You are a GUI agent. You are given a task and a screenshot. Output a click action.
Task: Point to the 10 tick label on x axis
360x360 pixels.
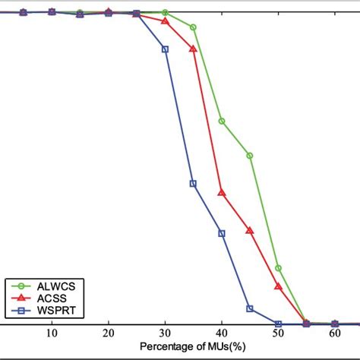click(x=52, y=333)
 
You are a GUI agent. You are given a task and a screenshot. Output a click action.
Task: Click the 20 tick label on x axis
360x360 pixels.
click(x=109, y=333)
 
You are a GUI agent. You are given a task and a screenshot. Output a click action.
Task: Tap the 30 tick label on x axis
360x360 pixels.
click(x=165, y=333)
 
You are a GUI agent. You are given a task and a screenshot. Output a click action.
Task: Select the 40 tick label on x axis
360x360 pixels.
click(x=222, y=333)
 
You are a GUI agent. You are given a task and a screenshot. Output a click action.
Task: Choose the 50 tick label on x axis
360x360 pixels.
click(x=278, y=333)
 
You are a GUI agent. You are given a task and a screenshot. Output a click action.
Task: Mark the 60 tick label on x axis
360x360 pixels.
click(x=335, y=333)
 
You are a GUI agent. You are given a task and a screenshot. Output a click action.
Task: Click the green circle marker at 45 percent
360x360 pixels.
click(x=250, y=155)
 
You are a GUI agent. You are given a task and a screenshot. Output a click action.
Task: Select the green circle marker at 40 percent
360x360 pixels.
click(x=222, y=121)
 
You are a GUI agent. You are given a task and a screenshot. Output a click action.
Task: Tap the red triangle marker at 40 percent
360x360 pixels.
click(x=222, y=193)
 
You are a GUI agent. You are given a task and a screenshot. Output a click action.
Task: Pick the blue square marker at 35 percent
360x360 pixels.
click(x=193, y=183)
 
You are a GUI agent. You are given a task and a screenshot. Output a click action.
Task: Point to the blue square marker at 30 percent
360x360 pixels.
click(x=165, y=49)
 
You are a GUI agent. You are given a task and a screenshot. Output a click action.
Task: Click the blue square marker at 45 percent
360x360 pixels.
click(x=250, y=308)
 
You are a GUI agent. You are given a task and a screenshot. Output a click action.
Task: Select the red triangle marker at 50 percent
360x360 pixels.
click(x=278, y=286)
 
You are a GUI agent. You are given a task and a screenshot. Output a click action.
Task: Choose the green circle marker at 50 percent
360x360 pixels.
click(x=278, y=268)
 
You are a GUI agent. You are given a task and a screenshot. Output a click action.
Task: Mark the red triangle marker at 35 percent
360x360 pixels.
click(x=193, y=49)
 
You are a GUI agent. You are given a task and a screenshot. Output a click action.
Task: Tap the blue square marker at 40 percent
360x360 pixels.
click(x=222, y=233)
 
